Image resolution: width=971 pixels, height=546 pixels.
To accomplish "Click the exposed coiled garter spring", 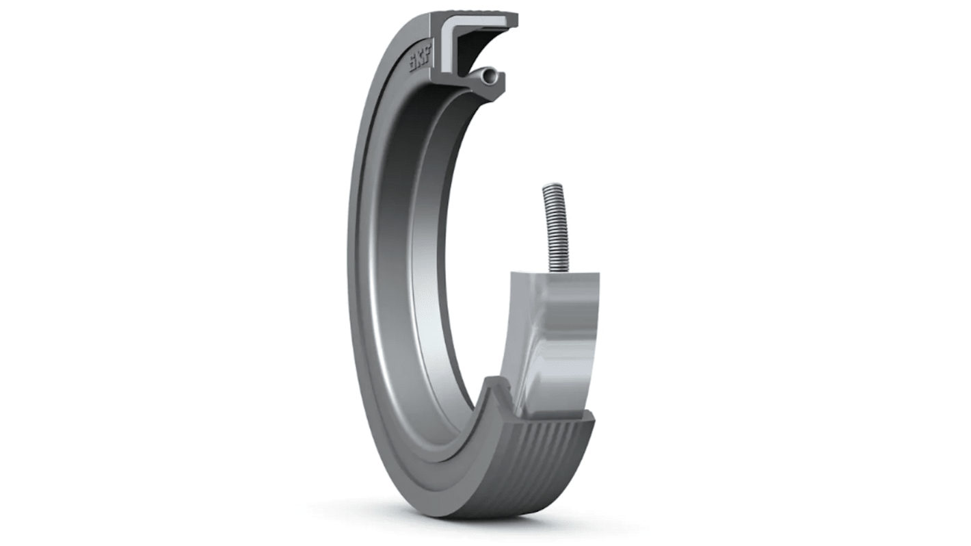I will tap(553, 226).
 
